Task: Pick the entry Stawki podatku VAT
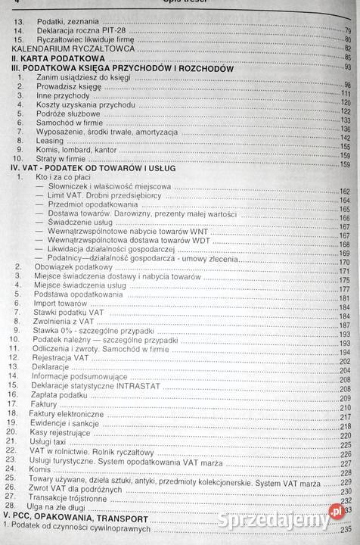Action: tap(64, 313)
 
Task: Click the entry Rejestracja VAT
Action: tap(61, 357)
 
